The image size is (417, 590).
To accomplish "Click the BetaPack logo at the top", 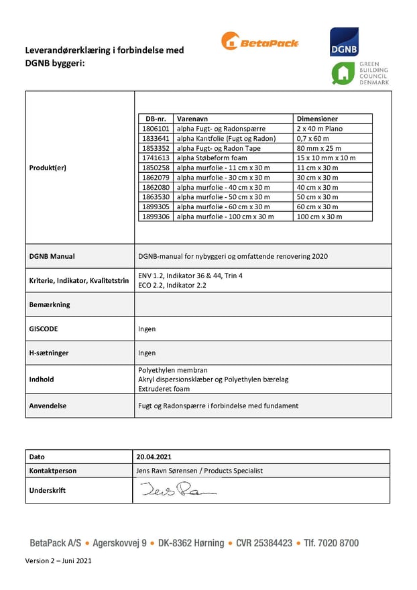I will click(x=259, y=42).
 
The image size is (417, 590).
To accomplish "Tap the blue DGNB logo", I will click(x=344, y=42).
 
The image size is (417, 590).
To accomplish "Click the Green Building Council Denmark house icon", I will click(x=344, y=74).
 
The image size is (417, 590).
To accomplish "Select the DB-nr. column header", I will click(x=154, y=119).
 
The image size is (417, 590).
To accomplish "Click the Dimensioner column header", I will click(x=316, y=119).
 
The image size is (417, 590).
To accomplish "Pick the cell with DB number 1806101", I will click(x=156, y=128).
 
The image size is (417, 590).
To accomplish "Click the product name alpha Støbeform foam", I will click(x=211, y=158).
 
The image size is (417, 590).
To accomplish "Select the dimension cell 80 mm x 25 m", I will click(x=318, y=147).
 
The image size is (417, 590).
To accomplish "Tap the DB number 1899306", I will click(x=156, y=217).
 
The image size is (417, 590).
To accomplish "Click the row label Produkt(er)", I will click(x=48, y=167).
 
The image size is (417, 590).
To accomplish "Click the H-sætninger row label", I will click(x=49, y=353).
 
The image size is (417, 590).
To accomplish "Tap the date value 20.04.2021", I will click(x=154, y=457).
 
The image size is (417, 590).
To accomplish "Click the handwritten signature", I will click(x=178, y=491).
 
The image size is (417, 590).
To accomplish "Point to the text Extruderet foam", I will click(x=164, y=389).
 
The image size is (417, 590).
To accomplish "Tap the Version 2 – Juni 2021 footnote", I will click(x=58, y=560).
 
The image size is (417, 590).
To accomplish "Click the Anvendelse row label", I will click(x=48, y=406).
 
